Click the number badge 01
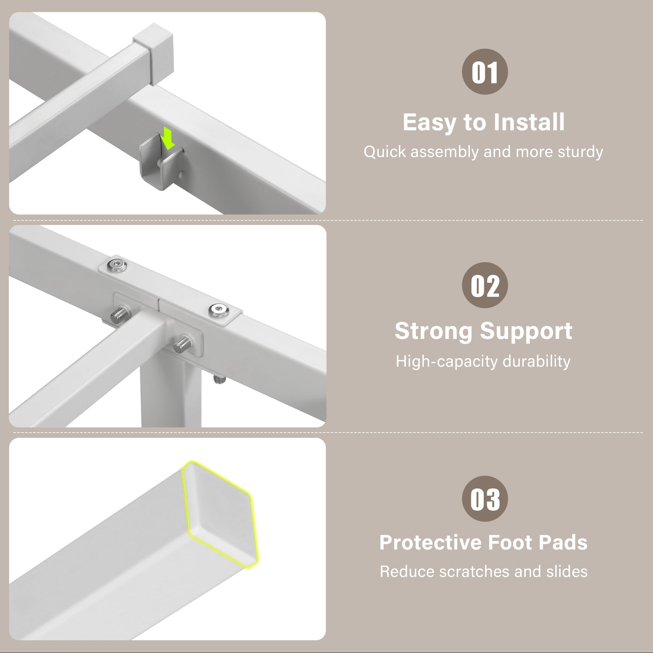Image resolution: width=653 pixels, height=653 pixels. click(x=485, y=72)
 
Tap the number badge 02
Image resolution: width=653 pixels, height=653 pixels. click(x=485, y=285)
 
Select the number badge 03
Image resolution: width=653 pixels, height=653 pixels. click(x=485, y=499)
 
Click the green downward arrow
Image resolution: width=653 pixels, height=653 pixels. click(x=167, y=137)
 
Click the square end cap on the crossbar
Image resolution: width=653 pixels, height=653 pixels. click(x=153, y=54)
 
